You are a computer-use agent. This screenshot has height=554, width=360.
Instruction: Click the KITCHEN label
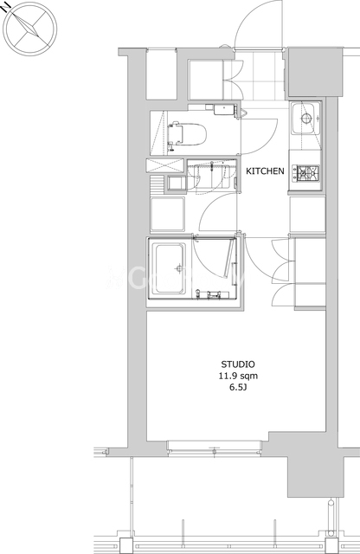(x=265, y=171)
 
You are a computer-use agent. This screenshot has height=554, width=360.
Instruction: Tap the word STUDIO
(x=238, y=364)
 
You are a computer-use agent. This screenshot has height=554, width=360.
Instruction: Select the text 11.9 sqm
(x=238, y=376)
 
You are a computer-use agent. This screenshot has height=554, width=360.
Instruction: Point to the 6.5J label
(x=238, y=388)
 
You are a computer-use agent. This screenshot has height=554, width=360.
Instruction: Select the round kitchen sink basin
(x=306, y=118)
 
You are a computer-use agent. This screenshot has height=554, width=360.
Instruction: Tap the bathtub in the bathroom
(x=170, y=268)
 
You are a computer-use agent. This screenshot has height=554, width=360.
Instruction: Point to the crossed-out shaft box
(x=165, y=165)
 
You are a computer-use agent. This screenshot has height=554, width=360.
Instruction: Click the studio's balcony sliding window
(x=214, y=448)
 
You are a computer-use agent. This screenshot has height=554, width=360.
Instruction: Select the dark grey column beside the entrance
(x=315, y=72)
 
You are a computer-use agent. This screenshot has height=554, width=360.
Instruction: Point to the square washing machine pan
(x=168, y=214)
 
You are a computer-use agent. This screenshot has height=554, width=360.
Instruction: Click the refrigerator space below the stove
(x=307, y=214)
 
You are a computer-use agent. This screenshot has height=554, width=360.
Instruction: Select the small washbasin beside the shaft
(x=176, y=184)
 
